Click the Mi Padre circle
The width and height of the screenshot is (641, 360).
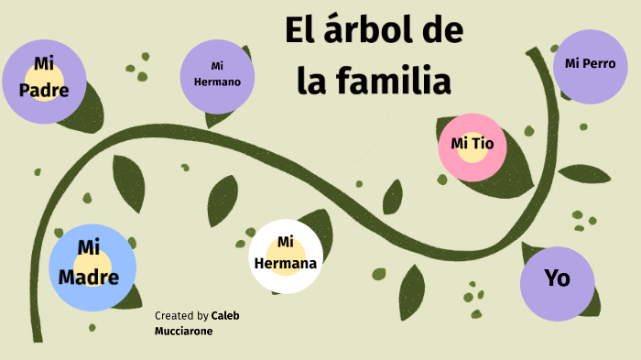43,81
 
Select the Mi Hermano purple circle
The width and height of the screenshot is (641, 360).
217,75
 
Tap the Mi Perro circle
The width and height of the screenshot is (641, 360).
591,65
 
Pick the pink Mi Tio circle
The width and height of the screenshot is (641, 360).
473,145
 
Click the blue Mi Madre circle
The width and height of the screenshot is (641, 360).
92,267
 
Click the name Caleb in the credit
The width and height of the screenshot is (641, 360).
225,315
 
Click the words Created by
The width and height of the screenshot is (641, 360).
181,315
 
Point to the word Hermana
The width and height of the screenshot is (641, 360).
286,265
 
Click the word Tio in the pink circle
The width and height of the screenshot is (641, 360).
483,144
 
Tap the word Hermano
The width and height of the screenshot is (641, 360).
217,82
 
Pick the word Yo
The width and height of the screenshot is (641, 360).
557,278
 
